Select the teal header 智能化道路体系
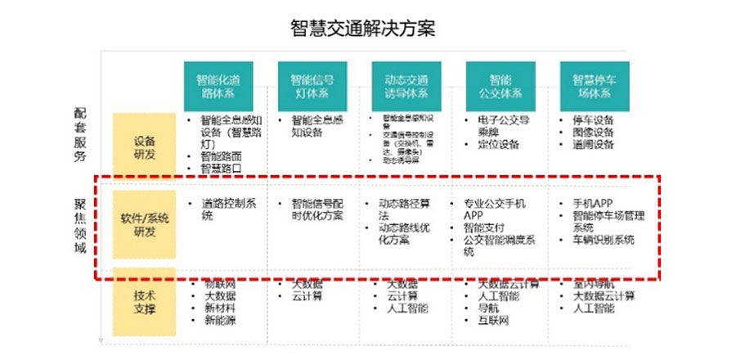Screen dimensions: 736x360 pos(218,87)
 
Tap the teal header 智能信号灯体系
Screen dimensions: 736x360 pos(312,87)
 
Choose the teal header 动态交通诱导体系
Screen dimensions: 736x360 pos(406,87)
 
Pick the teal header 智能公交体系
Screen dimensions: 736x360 pos(500,87)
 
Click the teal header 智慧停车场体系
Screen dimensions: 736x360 pos(594,87)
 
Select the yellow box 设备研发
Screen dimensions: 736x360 pos(145,146)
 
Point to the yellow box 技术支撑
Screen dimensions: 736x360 pos(145,303)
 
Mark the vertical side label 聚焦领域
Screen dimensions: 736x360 pos(80,225)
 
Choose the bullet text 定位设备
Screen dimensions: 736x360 pos(498,145)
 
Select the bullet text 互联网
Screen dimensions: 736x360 pos(493,321)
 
